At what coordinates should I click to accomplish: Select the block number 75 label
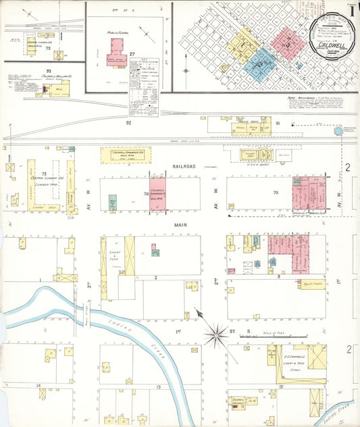click(x=276, y=193)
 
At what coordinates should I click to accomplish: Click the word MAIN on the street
click(x=160, y=226)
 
